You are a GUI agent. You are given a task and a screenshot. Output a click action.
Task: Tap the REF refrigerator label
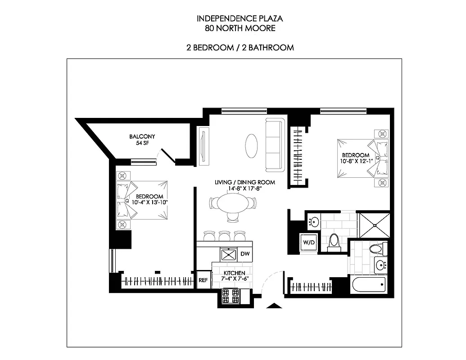coord(203,280)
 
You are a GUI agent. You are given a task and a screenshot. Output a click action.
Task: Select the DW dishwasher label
coord(245,254)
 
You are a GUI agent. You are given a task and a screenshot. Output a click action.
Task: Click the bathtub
coord(369,284)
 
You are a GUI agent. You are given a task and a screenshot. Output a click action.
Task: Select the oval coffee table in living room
coord(252,145)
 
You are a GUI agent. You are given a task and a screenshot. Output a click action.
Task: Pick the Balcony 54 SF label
coord(142,139)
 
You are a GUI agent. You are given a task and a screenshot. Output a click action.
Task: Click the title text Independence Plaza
coord(240,19)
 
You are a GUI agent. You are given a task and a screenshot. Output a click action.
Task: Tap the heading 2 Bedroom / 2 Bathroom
coord(240,47)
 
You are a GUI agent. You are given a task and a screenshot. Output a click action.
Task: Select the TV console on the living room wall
coord(204,144)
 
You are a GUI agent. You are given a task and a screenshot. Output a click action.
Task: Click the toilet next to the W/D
coord(334,241)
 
